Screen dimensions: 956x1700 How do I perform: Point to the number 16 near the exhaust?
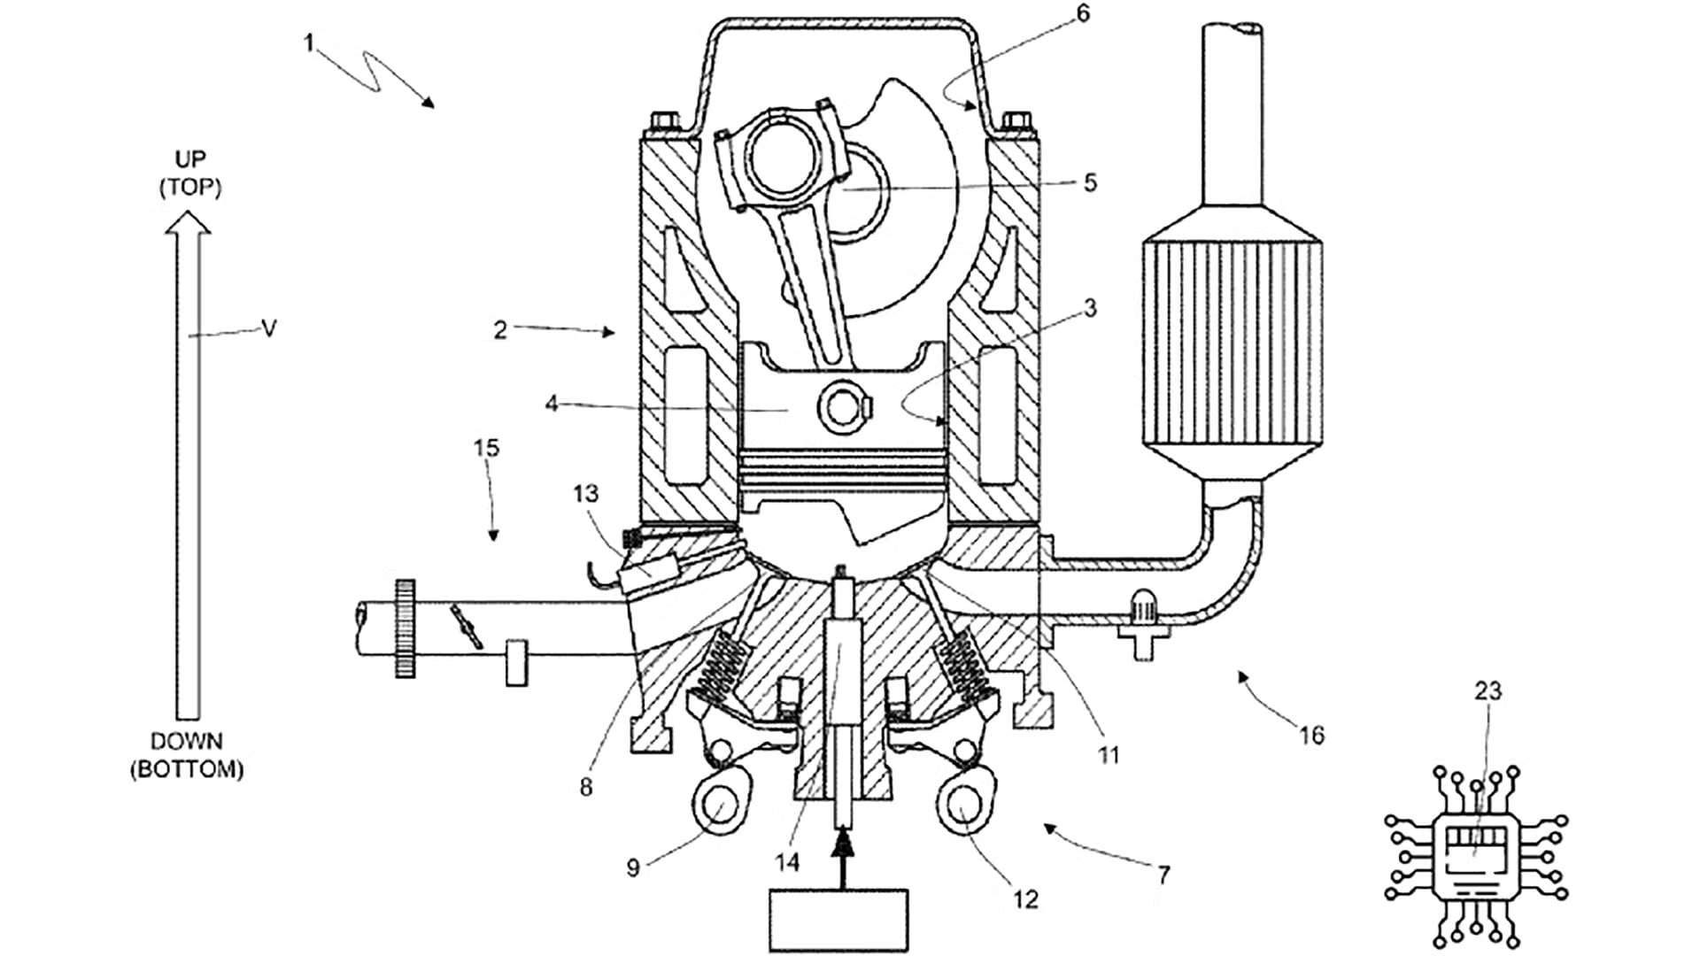point(1311,735)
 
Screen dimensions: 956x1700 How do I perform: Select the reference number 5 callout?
point(1090,182)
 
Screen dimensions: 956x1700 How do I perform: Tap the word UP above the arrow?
point(189,159)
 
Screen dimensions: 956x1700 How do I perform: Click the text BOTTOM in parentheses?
point(187,769)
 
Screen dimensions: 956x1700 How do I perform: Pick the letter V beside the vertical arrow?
point(269,328)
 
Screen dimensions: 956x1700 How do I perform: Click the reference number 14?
point(786,861)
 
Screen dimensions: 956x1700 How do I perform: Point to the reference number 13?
point(585,493)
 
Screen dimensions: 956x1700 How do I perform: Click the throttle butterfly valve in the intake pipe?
point(467,625)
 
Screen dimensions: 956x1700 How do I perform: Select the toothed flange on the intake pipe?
point(406,629)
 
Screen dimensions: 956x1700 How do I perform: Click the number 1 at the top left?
point(309,42)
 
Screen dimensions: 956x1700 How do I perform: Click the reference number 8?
point(586,786)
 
